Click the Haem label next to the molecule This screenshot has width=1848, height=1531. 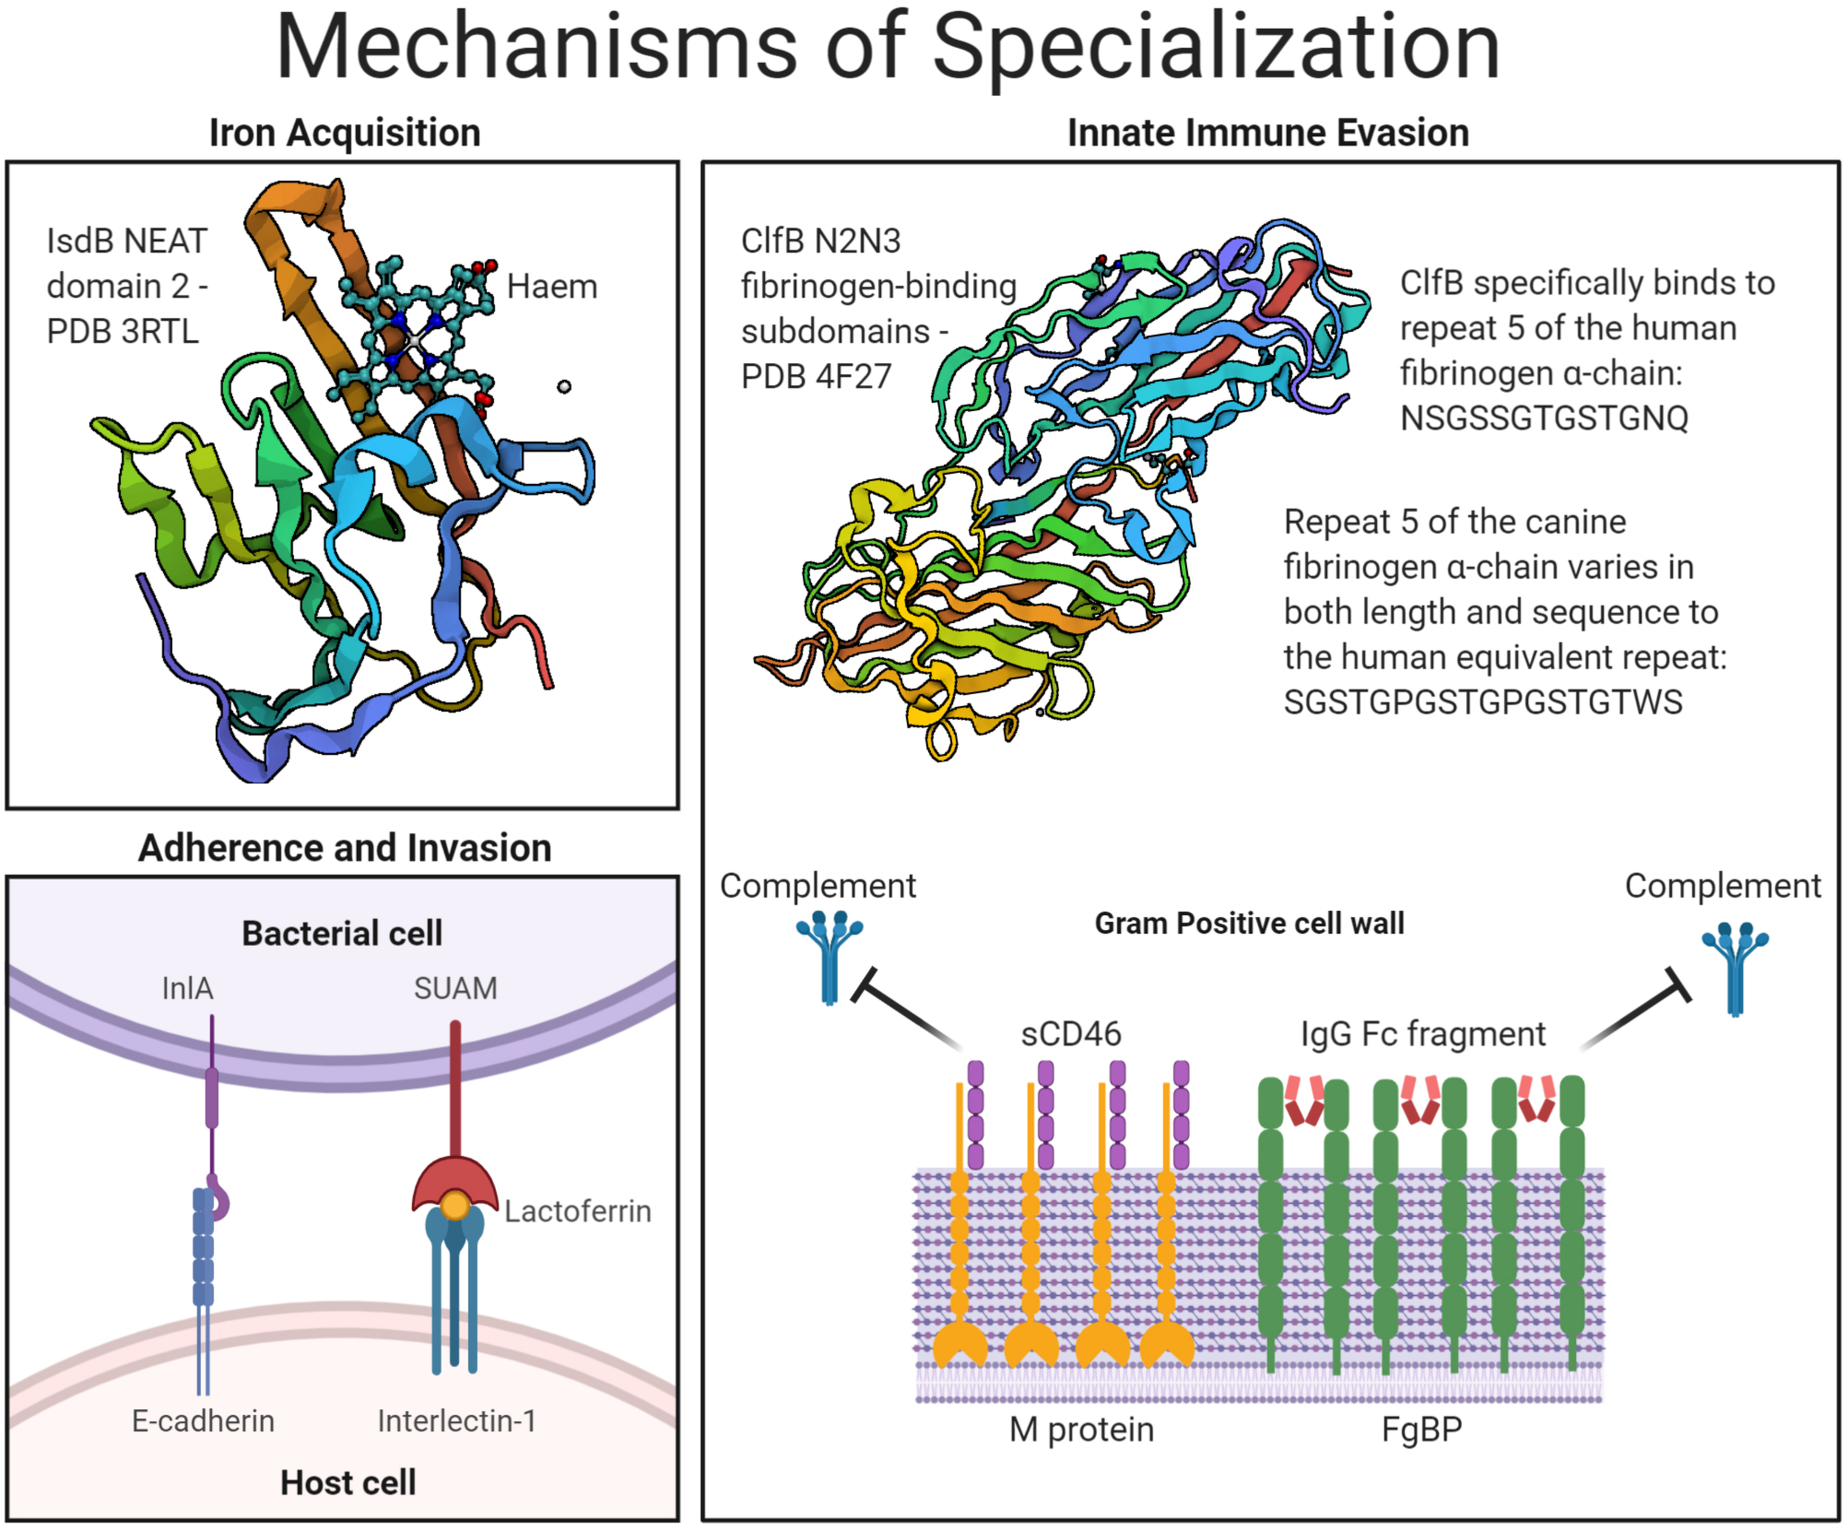(x=551, y=287)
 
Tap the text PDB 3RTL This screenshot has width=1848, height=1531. (x=122, y=332)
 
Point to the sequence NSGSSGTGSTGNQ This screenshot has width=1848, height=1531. (x=1543, y=418)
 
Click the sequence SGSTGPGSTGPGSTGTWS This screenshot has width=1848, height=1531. (x=1483, y=702)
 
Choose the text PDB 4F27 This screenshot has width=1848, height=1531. (x=816, y=376)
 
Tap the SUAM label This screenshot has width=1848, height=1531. (x=455, y=988)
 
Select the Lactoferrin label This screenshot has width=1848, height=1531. (x=577, y=1212)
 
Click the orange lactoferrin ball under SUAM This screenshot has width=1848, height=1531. (x=455, y=1204)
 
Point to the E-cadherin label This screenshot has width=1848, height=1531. (x=203, y=1421)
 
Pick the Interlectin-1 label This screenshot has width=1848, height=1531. (x=456, y=1421)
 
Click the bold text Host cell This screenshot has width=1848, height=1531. (x=347, y=1483)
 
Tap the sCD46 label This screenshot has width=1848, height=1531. (x=1070, y=1034)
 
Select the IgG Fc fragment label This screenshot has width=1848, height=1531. (x=1422, y=1034)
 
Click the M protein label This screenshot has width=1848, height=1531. (x=1081, y=1430)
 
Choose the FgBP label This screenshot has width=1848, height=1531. (x=1421, y=1430)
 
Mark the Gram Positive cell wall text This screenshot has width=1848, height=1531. (x=1249, y=923)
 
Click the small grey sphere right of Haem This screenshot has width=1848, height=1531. (x=564, y=387)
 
